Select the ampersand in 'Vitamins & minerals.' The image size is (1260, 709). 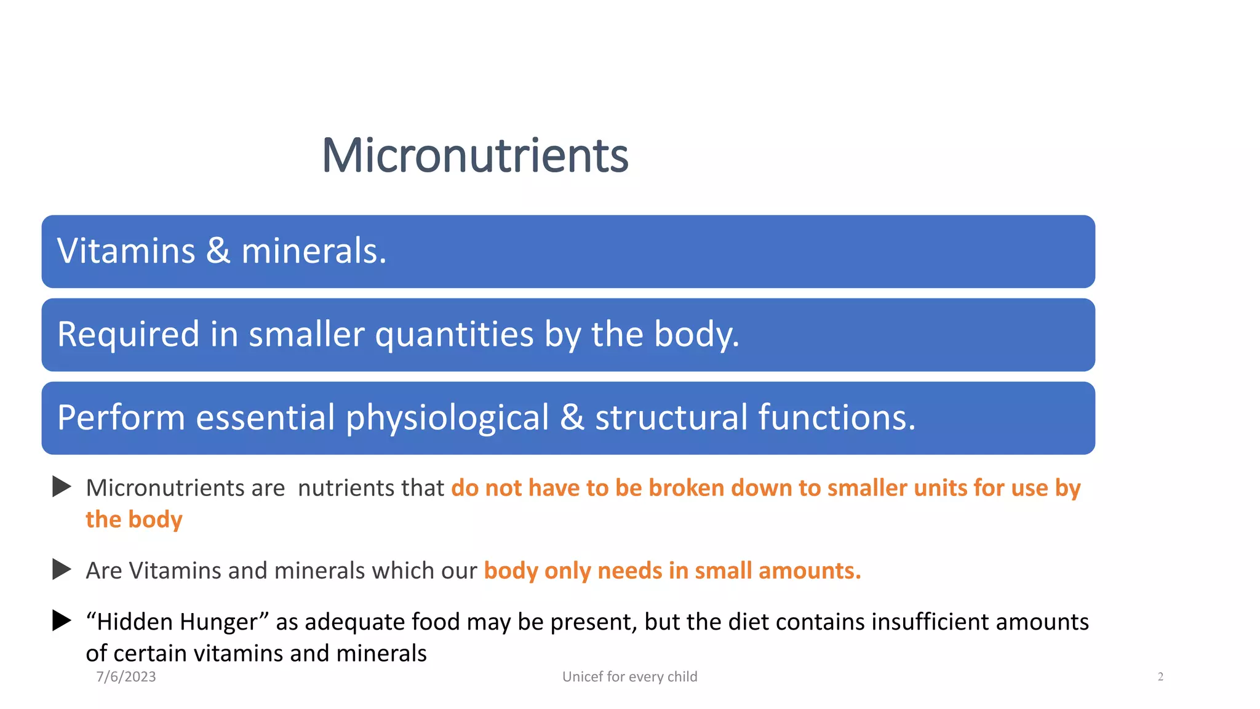click(x=218, y=251)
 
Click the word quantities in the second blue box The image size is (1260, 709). click(x=454, y=335)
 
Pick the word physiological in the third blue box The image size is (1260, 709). click(x=447, y=419)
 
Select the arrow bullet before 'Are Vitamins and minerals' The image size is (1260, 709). click(x=62, y=569)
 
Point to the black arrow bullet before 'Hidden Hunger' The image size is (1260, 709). click(x=62, y=620)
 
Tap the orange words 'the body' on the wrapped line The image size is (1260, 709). click(x=134, y=519)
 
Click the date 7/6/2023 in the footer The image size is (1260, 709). click(x=126, y=676)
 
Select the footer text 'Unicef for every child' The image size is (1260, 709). click(x=629, y=676)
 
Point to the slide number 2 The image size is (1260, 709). click(x=1160, y=676)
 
